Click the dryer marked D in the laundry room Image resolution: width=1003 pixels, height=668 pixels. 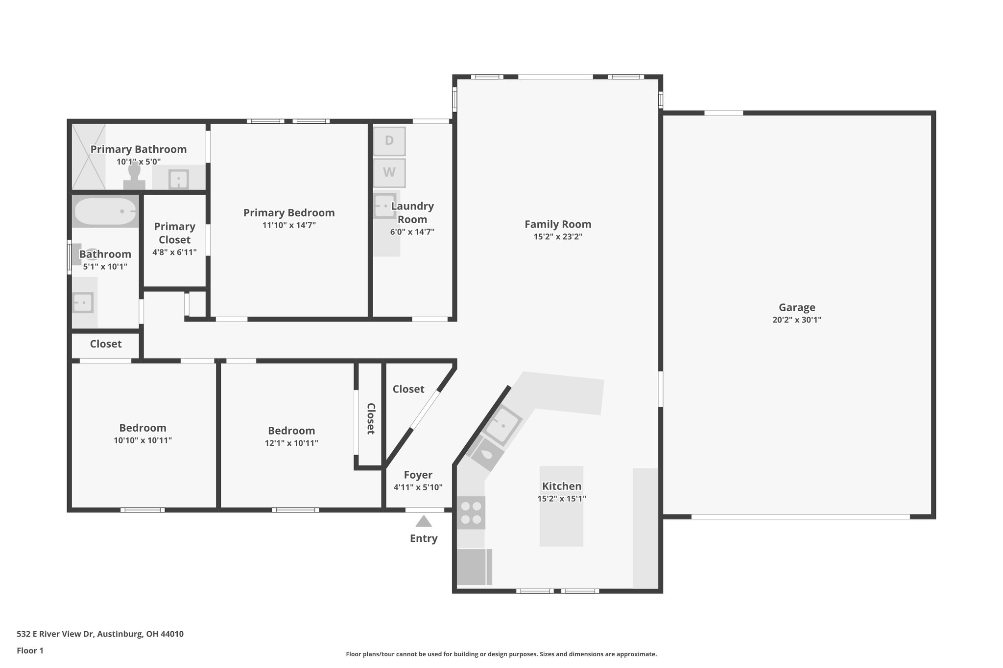tap(389, 141)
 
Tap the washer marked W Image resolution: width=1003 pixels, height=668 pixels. tap(389, 173)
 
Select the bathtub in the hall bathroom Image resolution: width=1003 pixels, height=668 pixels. tap(105, 211)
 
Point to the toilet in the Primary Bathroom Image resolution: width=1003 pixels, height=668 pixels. tap(134, 177)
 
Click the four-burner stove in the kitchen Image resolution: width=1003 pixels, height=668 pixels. tap(471, 513)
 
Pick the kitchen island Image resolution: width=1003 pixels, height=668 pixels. tap(561, 506)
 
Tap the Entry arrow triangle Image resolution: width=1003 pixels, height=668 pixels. tap(424, 521)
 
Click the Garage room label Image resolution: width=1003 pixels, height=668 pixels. tap(797, 307)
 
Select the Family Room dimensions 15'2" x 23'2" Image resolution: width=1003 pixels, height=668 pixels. tap(558, 237)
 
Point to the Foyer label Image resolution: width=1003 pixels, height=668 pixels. tap(418, 475)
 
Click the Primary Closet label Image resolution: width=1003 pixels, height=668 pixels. tap(175, 233)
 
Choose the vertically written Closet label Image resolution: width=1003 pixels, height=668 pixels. tap(371, 418)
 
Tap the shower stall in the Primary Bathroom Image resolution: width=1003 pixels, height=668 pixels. tap(89, 157)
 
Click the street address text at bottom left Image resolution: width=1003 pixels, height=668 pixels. tap(100, 634)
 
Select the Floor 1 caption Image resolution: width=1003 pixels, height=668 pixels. tap(30, 650)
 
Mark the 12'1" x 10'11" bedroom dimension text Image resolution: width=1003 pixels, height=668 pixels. tap(291, 443)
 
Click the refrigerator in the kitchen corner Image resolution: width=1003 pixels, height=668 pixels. tap(474, 567)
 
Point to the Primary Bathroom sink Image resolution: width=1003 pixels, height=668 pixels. tap(179, 179)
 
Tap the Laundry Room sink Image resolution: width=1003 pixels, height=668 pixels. tap(384, 206)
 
